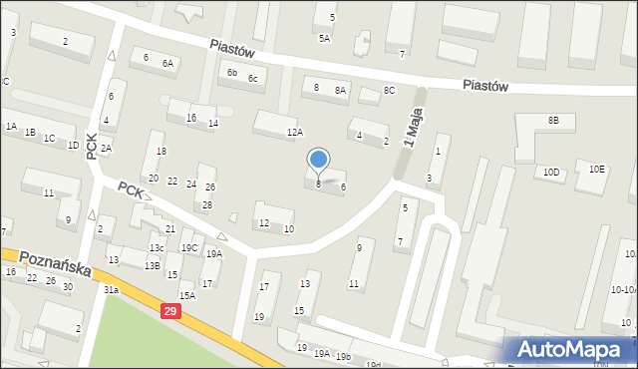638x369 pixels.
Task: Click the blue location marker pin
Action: coord(319,160)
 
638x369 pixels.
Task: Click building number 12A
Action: coord(294,132)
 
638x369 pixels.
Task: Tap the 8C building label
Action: coord(390,91)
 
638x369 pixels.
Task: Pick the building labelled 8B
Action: coord(553,121)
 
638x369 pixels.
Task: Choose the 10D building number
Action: coord(550,172)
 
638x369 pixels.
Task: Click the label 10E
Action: coord(596,169)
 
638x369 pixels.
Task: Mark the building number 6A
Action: coord(168,63)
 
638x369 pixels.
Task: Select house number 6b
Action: coord(231,72)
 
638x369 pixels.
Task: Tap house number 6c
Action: coord(253,78)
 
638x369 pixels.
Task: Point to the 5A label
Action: coord(324,38)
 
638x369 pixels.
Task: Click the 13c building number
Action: coord(157,247)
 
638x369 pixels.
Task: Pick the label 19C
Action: coord(189,247)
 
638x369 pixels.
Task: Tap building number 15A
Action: coord(186,295)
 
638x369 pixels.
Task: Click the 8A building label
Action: coord(340,90)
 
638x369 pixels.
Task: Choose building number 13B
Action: coord(152,265)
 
